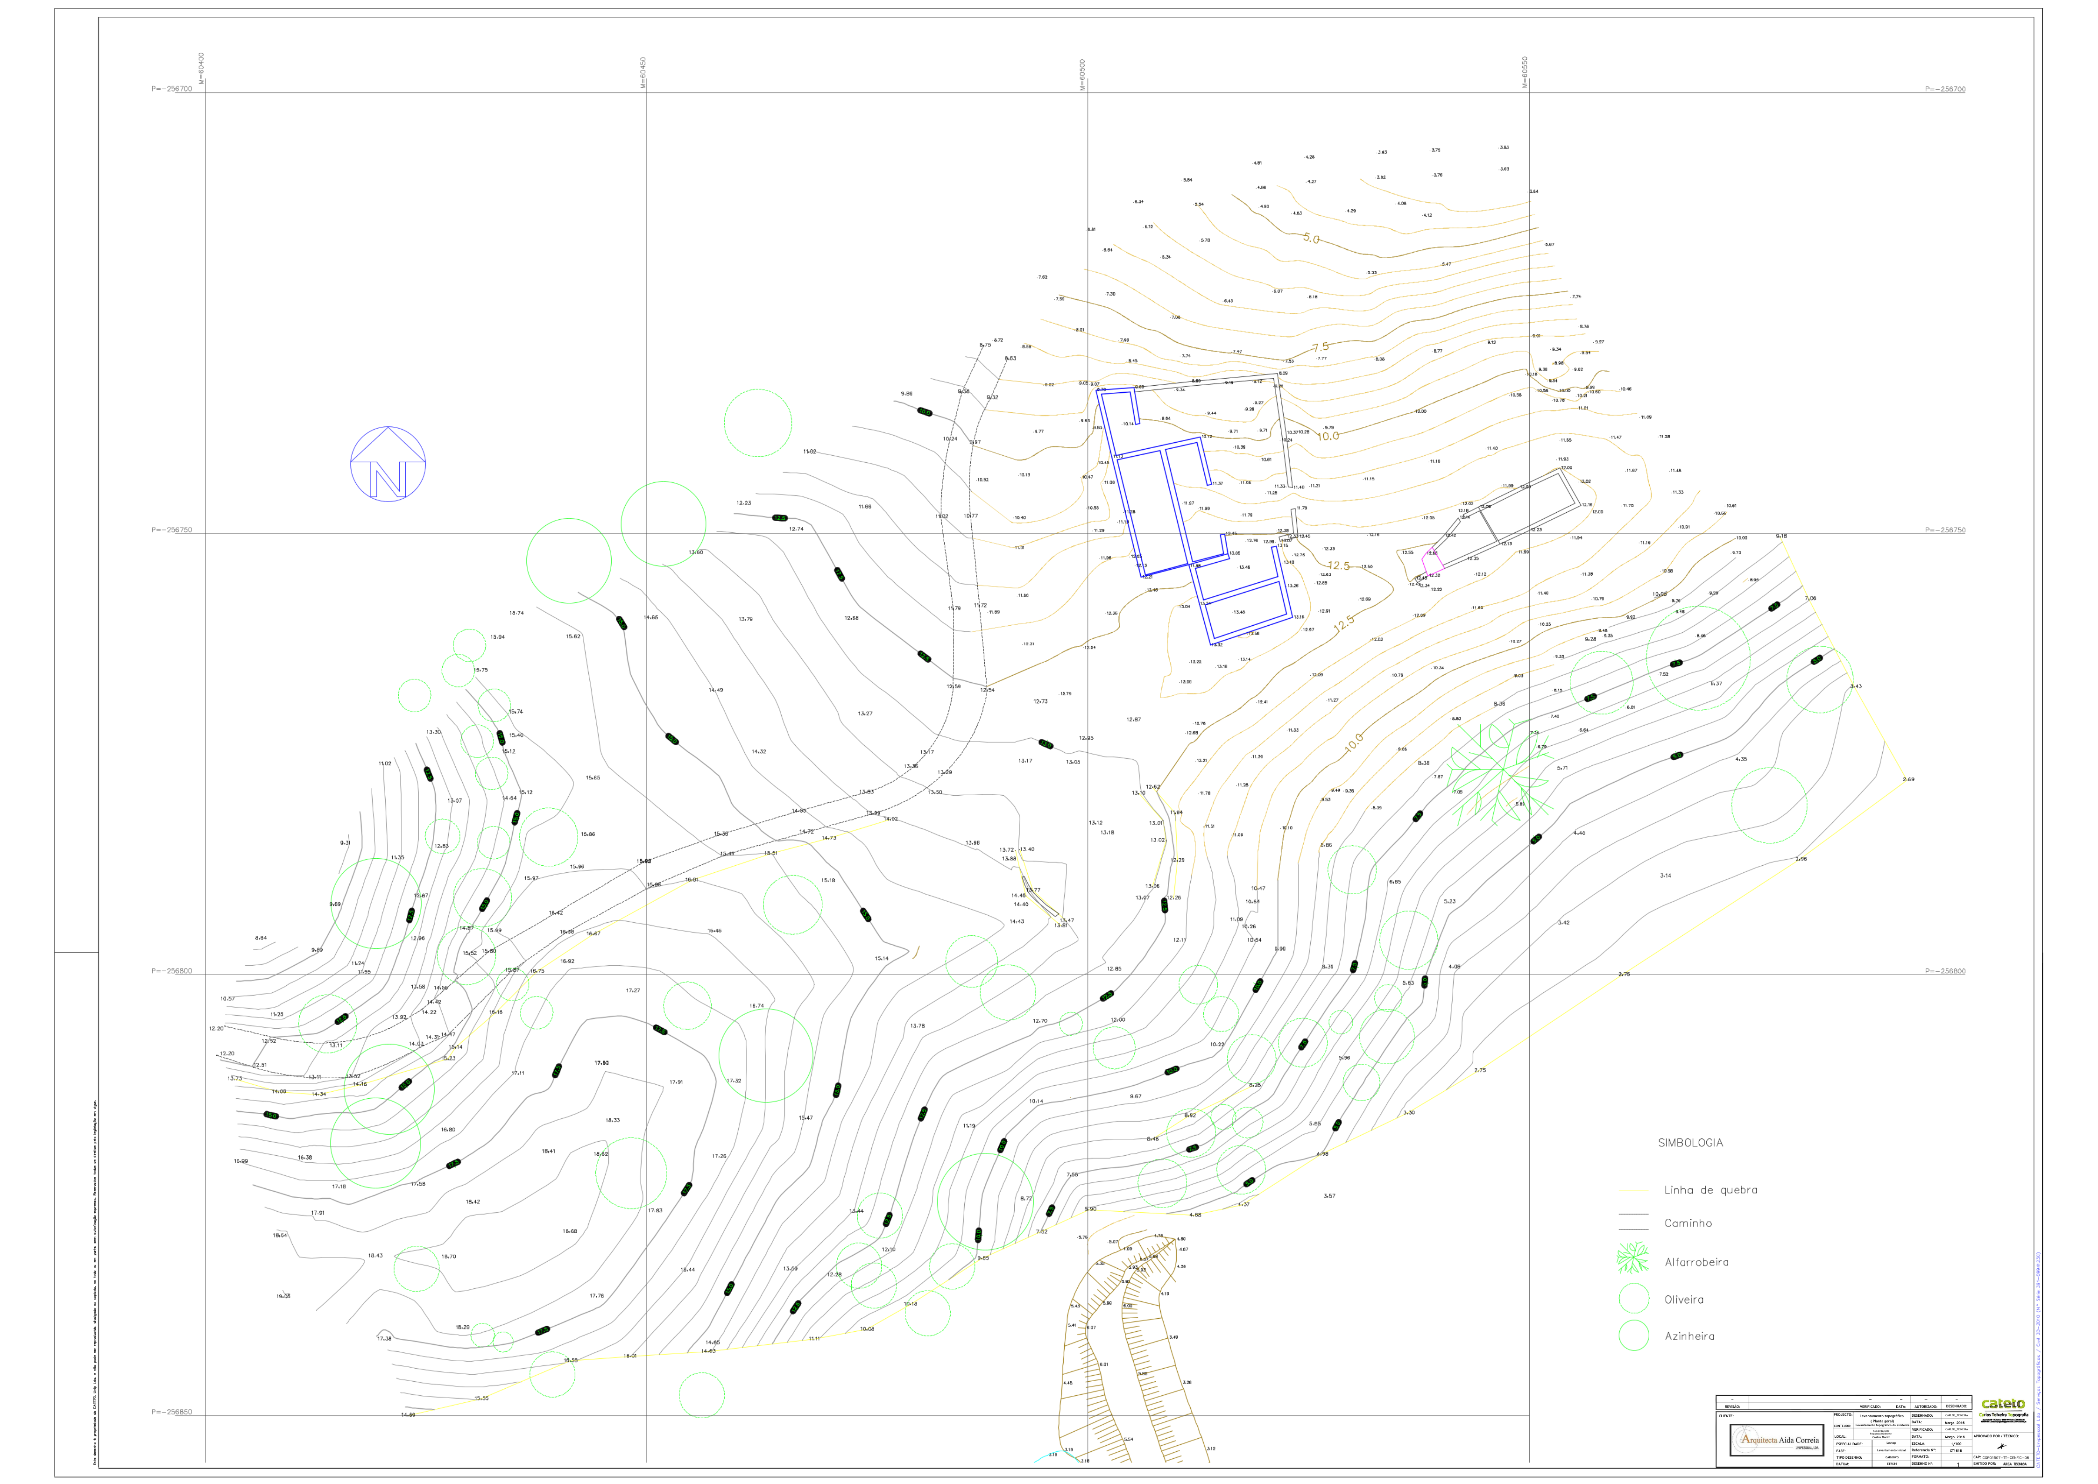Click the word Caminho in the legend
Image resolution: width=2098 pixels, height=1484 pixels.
point(1688,1223)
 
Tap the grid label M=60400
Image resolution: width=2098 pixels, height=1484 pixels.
point(202,69)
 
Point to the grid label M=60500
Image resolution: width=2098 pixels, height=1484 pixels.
point(1084,74)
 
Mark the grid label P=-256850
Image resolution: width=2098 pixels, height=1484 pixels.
point(172,1412)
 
